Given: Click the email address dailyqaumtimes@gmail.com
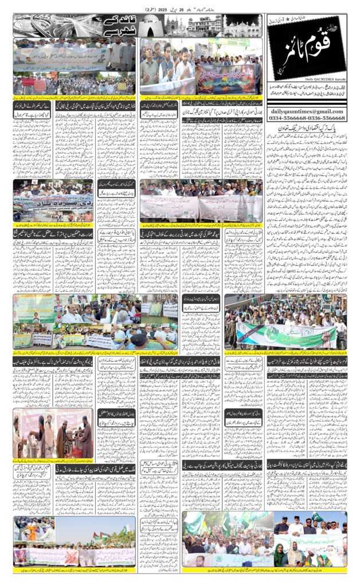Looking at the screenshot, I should coord(307,111).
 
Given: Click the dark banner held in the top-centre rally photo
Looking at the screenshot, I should coord(224,75).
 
